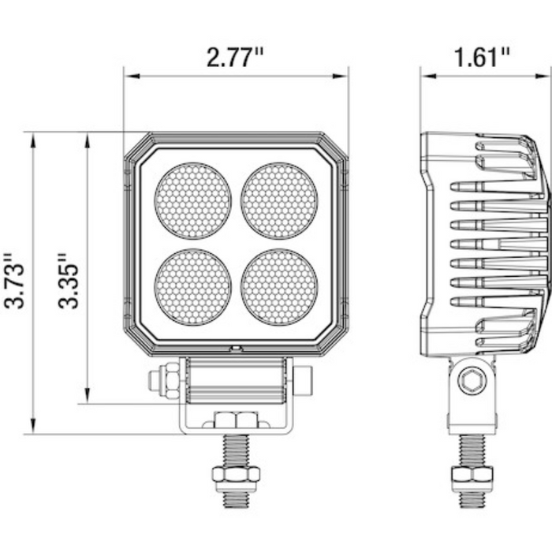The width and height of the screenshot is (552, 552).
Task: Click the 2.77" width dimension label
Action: point(235,58)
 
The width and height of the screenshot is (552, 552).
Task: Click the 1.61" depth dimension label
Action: point(482,58)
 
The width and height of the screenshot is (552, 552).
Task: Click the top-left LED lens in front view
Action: point(193,201)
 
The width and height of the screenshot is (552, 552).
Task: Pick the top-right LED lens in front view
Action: point(279,201)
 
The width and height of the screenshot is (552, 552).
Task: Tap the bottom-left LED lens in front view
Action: point(193,287)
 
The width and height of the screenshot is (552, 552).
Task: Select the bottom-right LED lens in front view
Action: point(279,287)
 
